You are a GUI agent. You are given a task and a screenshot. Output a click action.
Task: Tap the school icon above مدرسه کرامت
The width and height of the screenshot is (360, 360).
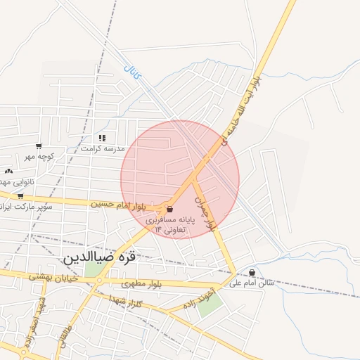(102, 138)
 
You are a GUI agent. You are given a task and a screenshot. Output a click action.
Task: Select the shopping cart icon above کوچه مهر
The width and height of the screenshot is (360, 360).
(38, 146)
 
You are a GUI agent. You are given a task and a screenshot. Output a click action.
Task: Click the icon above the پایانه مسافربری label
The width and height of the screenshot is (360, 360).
(170, 208)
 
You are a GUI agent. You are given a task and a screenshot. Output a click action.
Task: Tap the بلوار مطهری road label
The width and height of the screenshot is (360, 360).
(141, 284)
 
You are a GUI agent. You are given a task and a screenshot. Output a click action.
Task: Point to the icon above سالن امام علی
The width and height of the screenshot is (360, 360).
(252, 273)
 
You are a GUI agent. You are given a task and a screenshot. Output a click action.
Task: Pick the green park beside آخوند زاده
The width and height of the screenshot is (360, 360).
(209, 304)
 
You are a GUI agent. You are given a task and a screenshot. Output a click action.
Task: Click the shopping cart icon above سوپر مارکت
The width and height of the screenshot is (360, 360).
(20, 196)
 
